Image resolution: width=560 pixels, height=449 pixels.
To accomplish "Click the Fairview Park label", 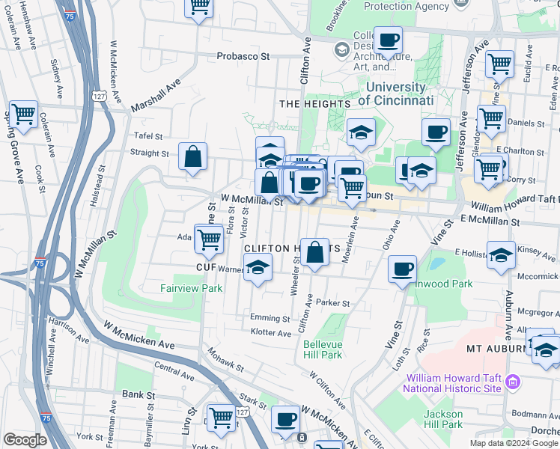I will (191, 287).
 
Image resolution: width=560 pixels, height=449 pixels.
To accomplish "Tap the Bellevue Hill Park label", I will (323, 349).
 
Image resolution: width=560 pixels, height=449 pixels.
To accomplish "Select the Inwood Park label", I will (452, 284).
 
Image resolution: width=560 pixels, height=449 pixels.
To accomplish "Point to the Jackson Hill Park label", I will (443, 419).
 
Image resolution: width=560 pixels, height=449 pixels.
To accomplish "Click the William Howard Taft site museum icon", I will (513, 382).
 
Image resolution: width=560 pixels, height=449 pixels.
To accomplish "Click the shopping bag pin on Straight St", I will (193, 157).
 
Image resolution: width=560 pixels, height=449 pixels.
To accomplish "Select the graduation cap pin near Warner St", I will (258, 268).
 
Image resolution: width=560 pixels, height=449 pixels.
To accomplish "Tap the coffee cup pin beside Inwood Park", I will (403, 269).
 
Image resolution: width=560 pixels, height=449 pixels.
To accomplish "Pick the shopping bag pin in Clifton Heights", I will (316, 253).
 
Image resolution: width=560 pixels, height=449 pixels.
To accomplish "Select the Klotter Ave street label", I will (270, 332).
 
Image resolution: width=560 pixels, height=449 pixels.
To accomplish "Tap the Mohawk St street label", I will (225, 360).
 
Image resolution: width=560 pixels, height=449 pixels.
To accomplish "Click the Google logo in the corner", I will (25, 440).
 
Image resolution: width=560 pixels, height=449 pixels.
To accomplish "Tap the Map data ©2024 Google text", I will (514, 443).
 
